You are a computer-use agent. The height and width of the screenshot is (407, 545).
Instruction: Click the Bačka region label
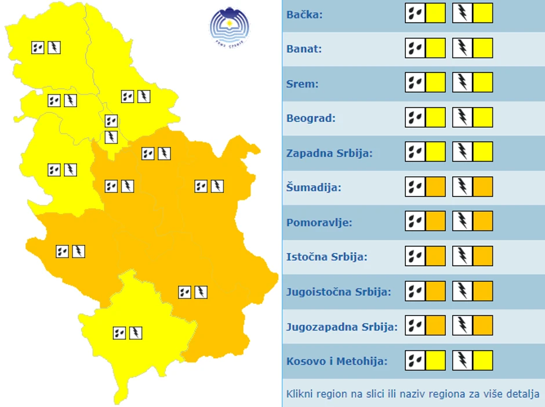click(304, 14)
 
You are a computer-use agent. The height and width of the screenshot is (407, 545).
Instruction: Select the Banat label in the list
click(304, 49)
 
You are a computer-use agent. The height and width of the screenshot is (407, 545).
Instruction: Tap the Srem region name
click(302, 83)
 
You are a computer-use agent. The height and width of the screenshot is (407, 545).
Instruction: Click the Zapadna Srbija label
click(329, 153)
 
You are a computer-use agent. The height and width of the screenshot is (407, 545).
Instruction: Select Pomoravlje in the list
click(319, 223)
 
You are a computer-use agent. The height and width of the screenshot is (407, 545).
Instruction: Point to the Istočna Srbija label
click(326, 257)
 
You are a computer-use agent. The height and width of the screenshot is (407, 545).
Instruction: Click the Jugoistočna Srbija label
click(339, 292)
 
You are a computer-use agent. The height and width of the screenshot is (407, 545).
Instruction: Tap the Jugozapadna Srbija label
click(341, 326)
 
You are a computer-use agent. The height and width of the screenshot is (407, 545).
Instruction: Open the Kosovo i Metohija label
click(336, 361)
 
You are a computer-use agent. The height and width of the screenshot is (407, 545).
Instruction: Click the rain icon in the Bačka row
click(415, 13)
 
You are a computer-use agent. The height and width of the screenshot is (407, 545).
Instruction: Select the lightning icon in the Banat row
click(463, 48)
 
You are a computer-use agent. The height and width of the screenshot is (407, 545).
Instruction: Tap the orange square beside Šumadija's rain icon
click(435, 187)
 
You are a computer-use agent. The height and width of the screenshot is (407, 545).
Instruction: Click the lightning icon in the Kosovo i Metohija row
click(463, 360)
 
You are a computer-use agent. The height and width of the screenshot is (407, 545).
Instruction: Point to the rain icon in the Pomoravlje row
click(415, 221)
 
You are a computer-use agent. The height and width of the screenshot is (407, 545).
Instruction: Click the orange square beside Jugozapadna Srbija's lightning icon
click(483, 326)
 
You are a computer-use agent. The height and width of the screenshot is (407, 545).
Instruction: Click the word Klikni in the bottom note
click(300, 394)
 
